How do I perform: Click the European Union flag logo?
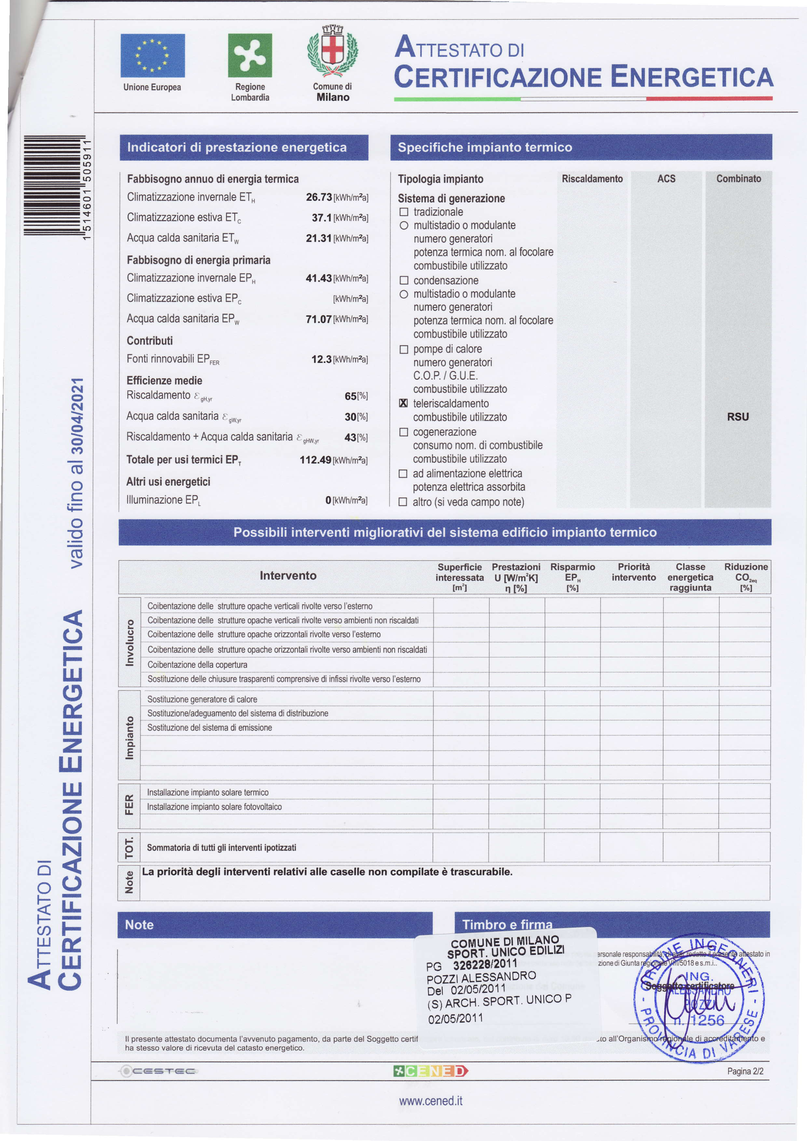153,56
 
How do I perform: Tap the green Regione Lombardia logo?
250,56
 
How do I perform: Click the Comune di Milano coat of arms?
333,52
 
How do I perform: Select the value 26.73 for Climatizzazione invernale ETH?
319,197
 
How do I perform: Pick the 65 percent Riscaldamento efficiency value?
350,396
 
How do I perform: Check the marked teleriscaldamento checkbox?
403,403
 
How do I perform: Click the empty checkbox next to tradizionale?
403,212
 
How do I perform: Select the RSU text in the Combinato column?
738,417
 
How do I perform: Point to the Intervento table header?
288,576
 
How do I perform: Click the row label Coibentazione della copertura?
197,664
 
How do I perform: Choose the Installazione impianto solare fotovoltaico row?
214,807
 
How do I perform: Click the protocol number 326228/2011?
485,965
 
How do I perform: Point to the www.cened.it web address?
431,1101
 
